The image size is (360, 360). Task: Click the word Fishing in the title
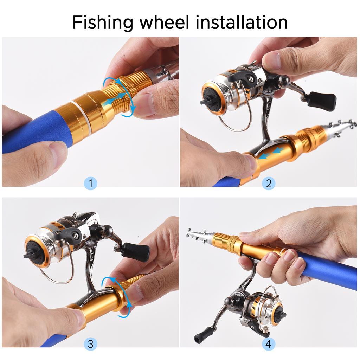coord(102,22)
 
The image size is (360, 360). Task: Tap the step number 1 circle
coord(91,183)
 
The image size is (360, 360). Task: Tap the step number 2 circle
coord(269,183)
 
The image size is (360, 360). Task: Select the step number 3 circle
coord(90,344)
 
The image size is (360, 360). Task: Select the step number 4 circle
coord(269,344)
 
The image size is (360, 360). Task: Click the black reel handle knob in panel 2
coord(322,101)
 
